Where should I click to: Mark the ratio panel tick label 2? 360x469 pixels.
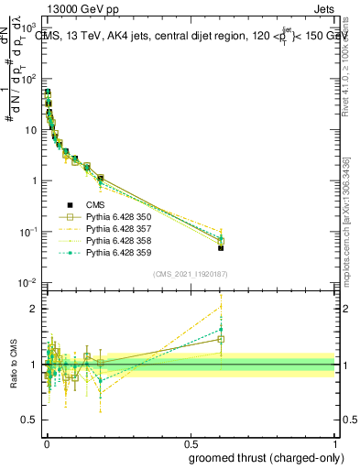(34, 309)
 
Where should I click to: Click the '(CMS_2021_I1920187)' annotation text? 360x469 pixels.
(190, 274)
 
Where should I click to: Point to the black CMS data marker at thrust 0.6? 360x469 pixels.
(221, 247)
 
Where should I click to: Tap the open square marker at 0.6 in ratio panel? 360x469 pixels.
(221, 340)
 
